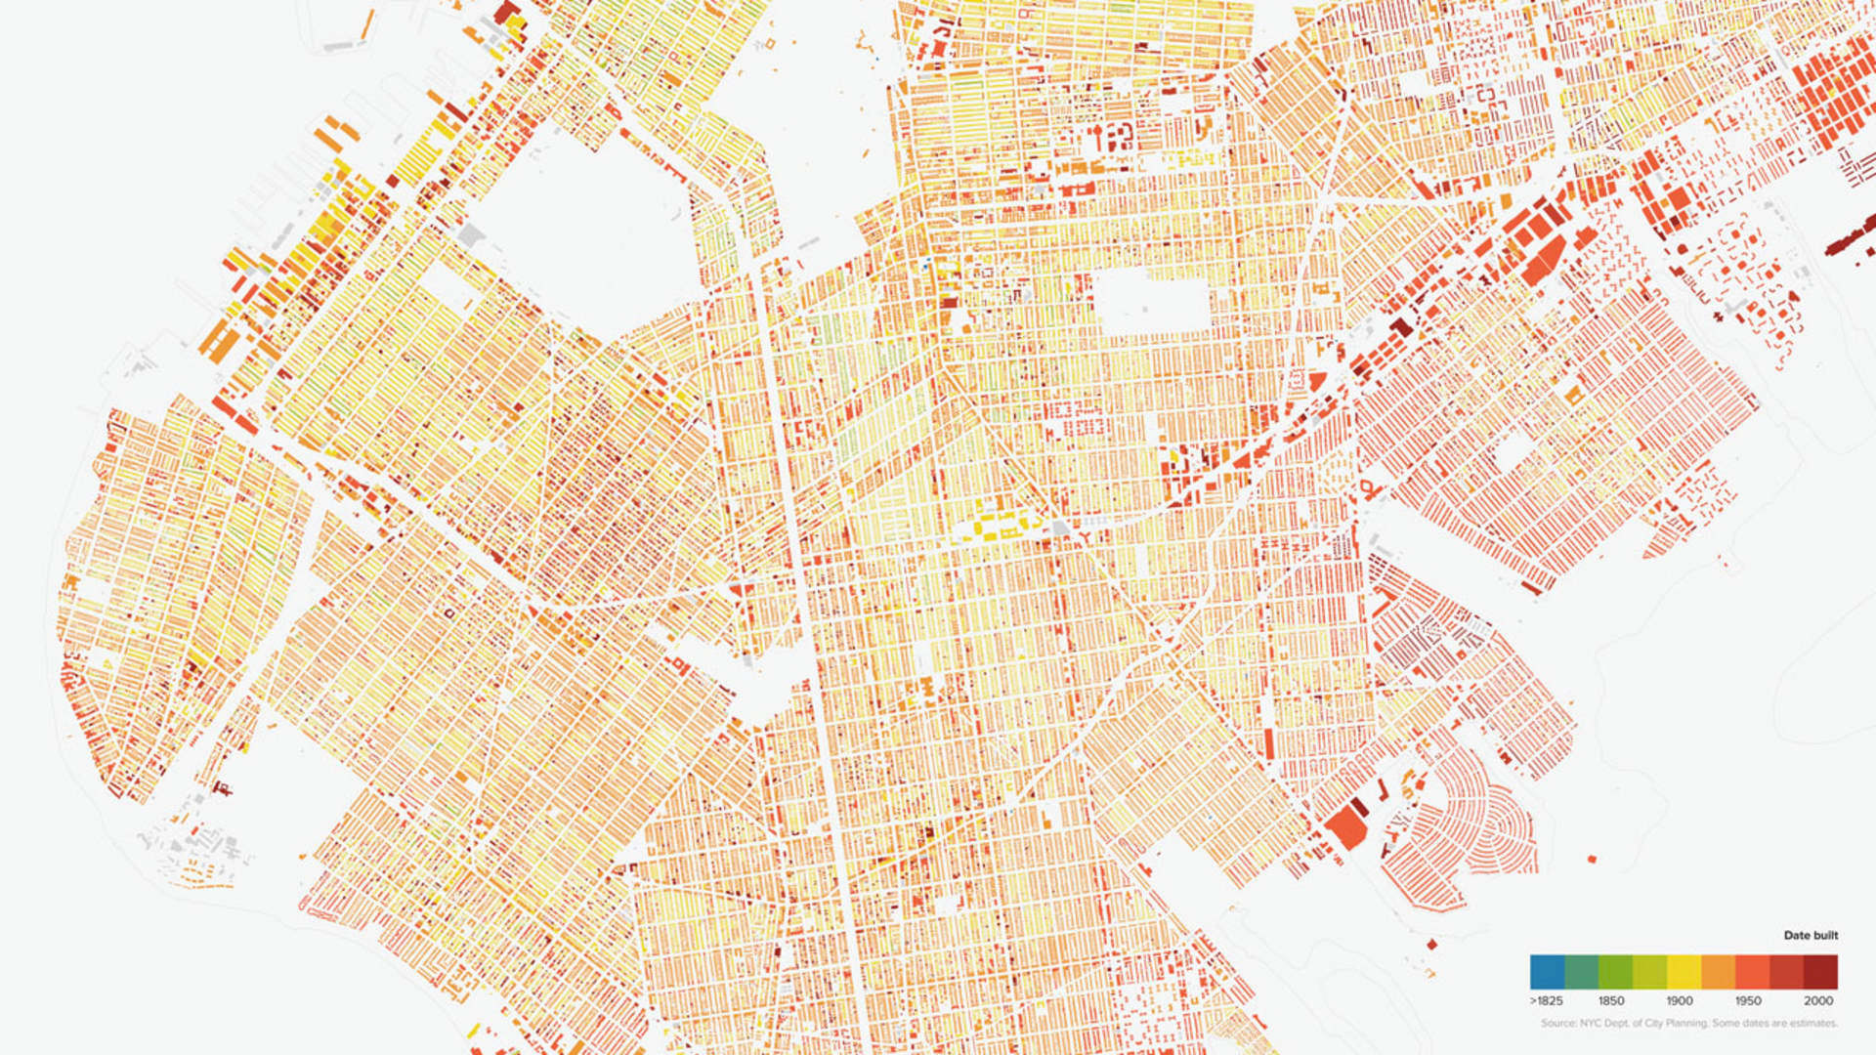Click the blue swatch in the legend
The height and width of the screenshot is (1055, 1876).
tap(1547, 972)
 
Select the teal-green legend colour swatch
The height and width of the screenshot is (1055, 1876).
tap(1581, 972)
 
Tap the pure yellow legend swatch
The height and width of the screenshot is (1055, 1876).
tap(1684, 972)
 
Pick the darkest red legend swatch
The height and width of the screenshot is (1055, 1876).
tap(1820, 972)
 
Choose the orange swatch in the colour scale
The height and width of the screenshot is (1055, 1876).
tap(1718, 972)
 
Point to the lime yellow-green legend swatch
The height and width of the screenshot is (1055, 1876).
tap(1649, 972)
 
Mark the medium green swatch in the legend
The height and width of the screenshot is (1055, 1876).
tap(1615, 972)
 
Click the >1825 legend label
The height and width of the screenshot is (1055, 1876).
tap(1546, 1000)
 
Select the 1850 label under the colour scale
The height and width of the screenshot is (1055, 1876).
tap(1611, 1000)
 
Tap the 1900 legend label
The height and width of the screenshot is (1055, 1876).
tap(1680, 1000)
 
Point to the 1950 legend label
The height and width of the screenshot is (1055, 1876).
tap(1748, 1000)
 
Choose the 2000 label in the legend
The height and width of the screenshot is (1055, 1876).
tap(1818, 1000)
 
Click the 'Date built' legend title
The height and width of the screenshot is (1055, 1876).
tap(1811, 935)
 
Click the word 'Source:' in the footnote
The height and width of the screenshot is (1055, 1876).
tap(1559, 1024)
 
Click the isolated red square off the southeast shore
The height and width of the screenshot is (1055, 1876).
tap(1592, 860)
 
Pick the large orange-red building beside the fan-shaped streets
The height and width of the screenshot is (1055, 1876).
tap(1346, 826)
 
